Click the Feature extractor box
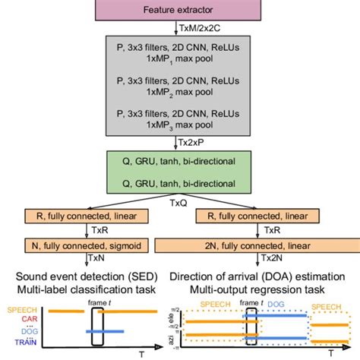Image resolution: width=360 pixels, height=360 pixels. coord(179,10)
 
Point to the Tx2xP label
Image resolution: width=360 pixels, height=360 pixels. coord(194,142)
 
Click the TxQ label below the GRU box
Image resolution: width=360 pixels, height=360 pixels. coord(180,204)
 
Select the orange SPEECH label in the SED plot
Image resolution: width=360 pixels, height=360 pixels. coord(21,310)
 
